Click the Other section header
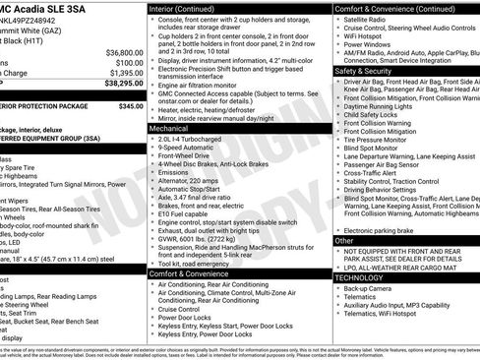(x=344, y=240)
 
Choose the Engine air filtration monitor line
(x=207, y=87)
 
